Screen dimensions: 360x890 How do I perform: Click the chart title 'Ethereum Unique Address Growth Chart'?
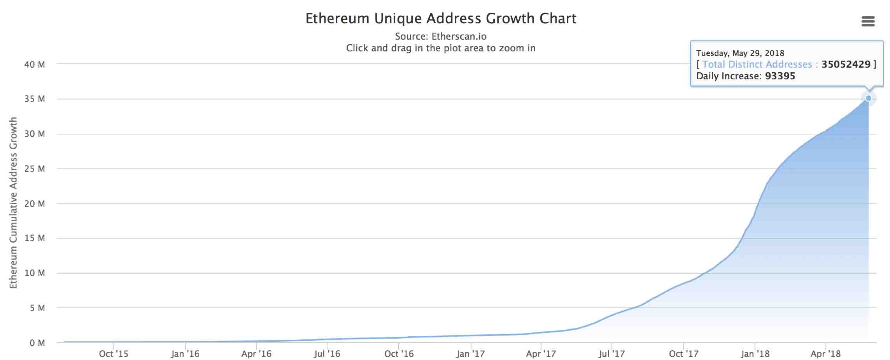click(441, 19)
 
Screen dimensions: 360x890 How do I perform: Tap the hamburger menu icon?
click(868, 21)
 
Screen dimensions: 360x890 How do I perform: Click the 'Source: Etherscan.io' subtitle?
click(441, 37)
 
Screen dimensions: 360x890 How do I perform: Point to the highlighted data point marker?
click(868, 98)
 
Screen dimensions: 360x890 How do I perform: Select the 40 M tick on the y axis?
click(35, 65)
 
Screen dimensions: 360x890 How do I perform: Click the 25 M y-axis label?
click(35, 169)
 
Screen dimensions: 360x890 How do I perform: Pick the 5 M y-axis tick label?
click(37, 308)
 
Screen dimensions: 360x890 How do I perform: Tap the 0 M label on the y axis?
click(37, 343)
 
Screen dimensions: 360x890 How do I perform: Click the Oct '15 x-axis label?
click(113, 354)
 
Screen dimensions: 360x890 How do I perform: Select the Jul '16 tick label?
click(327, 354)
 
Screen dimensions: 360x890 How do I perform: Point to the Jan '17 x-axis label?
click(471, 354)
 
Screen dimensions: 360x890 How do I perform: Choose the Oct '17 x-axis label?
click(683, 354)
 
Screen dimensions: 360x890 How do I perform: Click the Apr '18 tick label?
click(825, 354)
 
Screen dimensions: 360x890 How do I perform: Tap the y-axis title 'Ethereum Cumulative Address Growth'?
click(14, 203)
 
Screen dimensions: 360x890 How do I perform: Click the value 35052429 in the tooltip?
click(846, 65)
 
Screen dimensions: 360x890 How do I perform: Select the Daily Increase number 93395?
click(780, 76)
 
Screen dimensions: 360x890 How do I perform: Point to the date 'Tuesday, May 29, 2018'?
click(740, 53)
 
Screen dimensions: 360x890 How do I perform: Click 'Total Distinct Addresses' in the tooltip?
click(757, 65)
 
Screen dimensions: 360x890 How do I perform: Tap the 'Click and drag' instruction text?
click(441, 48)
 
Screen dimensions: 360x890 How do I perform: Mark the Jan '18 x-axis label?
click(755, 354)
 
